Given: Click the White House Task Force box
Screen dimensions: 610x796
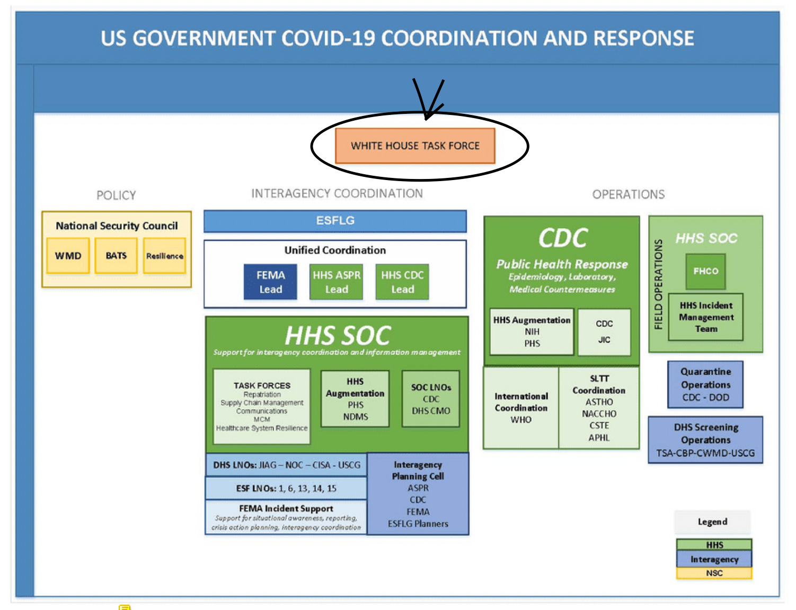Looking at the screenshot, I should coord(415,146).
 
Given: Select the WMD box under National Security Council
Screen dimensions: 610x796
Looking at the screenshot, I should coord(68,256).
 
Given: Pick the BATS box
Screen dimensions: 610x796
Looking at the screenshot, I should coord(116,256).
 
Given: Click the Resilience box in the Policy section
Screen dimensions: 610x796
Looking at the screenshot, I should coord(164,256).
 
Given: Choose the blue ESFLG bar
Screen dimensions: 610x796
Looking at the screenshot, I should coord(335,221).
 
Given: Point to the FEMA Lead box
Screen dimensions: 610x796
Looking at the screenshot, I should coord(270,282).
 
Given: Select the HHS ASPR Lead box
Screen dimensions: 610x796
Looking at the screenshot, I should coord(337,282).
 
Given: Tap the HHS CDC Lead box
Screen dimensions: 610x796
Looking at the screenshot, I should coord(402,282).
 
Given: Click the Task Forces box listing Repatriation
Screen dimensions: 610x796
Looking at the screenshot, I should coord(262,406).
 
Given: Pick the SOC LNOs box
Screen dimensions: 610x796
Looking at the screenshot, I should coord(431,399).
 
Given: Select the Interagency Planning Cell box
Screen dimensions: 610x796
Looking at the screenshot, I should coord(418,494).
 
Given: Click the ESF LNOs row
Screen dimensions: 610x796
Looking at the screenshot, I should coord(286,488).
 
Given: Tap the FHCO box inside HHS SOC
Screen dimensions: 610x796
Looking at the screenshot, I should coord(705,271).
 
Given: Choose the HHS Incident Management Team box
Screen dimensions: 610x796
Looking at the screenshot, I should coord(706,317).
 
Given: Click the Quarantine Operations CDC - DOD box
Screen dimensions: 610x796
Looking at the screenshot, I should coord(705,384).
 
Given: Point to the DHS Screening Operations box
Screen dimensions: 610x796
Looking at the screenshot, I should coord(705,440).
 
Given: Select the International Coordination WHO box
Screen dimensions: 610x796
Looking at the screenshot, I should coord(521,408).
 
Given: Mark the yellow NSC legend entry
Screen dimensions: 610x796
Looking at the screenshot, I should coord(714,573).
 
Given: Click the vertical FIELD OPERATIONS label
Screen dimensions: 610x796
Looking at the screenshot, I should coord(659,284).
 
